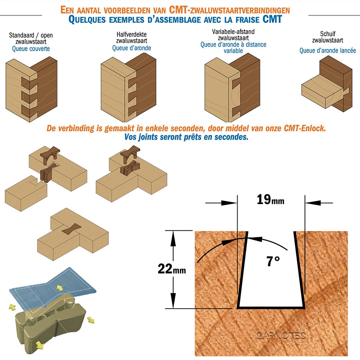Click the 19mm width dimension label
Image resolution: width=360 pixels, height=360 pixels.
[270, 199]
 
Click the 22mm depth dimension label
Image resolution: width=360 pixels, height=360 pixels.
[172, 269]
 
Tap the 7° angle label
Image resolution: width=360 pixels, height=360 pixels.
[273, 261]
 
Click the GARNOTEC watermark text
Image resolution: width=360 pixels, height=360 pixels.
[281, 336]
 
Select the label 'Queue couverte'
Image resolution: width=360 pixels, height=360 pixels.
[31, 49]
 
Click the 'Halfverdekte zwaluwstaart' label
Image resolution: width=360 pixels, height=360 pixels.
[131, 38]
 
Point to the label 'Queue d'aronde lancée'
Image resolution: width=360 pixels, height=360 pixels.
[328, 50]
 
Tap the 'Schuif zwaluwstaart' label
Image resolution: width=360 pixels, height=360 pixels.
[328, 37]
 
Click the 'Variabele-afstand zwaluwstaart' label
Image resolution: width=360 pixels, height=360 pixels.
[233, 35]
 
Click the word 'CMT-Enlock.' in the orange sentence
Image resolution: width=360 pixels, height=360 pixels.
[305, 128]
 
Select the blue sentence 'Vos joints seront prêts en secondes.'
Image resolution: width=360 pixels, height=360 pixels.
[186, 137]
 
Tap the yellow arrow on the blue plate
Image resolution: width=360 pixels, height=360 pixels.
[60, 288]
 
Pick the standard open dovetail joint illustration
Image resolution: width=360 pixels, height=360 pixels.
[31, 90]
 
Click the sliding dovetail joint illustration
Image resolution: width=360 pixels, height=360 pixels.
[327, 84]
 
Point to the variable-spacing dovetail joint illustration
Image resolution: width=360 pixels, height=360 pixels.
[232, 88]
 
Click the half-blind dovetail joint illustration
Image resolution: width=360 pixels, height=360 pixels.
[129, 88]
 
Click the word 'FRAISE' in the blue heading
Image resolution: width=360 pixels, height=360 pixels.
[248, 20]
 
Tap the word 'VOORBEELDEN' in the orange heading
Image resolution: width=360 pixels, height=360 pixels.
[135, 10]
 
